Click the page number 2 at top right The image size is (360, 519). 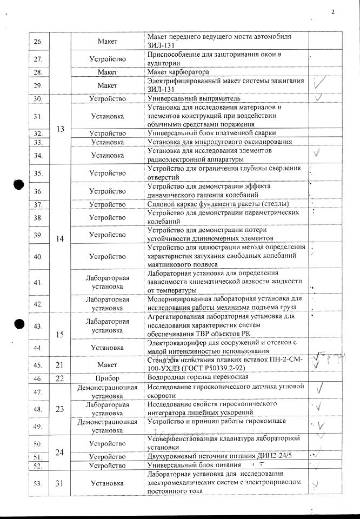[x=333, y=11]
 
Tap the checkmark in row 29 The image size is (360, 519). [x=319, y=83]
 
